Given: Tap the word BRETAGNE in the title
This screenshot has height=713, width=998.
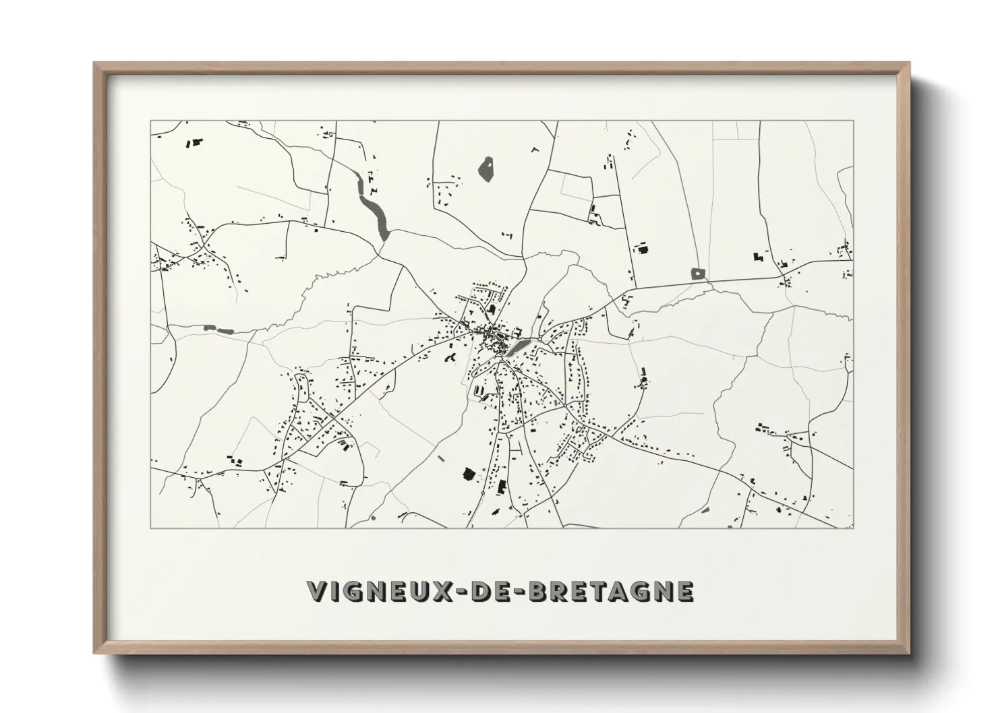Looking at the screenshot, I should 611,591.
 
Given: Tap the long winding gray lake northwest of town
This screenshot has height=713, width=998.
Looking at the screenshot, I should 375,212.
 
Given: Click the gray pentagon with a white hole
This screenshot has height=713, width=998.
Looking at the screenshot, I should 698,274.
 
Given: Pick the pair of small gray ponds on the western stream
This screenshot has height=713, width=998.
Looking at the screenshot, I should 217,330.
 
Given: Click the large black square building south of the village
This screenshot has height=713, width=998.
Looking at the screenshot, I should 467,474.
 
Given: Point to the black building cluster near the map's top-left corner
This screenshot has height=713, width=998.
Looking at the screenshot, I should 196,143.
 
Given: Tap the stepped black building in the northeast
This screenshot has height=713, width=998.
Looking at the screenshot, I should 758,256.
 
